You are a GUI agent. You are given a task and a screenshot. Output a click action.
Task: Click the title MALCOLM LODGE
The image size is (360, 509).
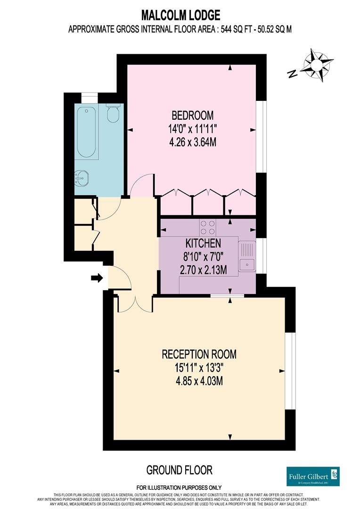tap(180, 15)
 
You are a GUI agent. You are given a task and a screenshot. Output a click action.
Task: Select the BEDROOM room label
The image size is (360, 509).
tap(192, 115)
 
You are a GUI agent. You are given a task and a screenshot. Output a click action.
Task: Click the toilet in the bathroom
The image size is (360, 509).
tap(113, 114)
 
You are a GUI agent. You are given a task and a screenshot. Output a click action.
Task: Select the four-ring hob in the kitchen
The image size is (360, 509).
tap(208, 228)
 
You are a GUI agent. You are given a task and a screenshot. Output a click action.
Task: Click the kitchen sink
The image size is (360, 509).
tap(246, 264)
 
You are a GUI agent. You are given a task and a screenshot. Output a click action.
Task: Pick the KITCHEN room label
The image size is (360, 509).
tap(203, 244)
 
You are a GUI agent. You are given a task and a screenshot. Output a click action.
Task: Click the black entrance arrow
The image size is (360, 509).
tap(97, 279)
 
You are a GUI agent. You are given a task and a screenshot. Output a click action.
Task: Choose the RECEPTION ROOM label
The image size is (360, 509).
tap(199, 354)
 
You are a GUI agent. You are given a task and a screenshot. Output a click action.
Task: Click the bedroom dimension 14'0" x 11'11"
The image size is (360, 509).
tap(192, 129)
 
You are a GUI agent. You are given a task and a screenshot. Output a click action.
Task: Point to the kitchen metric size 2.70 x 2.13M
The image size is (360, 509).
tap(203, 270)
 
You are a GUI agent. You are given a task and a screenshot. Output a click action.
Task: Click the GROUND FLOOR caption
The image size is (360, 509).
tap(180, 469)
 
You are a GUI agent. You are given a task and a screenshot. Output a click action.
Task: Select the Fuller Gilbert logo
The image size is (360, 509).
tap(313, 476)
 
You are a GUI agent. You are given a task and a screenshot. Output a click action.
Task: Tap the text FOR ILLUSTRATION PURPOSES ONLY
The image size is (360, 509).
tap(180, 487)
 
